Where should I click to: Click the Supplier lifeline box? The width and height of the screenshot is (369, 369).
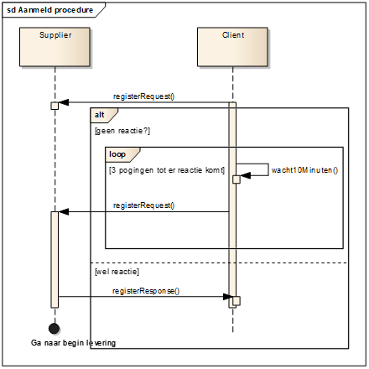(x=55, y=47)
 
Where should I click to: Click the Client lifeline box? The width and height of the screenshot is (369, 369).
(x=232, y=47)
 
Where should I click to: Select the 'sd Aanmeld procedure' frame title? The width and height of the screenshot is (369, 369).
(x=49, y=10)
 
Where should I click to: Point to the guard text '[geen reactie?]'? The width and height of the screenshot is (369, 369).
(x=122, y=131)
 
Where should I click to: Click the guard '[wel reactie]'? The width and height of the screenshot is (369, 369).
(x=117, y=272)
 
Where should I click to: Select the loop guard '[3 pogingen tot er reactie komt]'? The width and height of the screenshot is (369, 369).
(x=167, y=170)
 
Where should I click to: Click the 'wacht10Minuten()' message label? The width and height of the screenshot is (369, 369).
(x=304, y=170)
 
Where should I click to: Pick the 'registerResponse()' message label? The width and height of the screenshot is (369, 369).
(x=146, y=291)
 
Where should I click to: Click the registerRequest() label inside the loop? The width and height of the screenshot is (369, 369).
(x=143, y=205)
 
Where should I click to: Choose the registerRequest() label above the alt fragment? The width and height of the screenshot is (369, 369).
(x=143, y=96)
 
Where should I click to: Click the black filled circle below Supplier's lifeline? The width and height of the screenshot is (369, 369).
(x=54, y=329)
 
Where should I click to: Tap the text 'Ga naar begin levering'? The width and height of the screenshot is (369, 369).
(x=73, y=343)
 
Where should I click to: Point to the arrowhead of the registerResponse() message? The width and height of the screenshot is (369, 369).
(x=228, y=297)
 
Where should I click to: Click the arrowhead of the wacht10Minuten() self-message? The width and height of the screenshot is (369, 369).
(x=246, y=175)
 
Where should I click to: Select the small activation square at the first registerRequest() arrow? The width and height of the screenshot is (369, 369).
(x=55, y=106)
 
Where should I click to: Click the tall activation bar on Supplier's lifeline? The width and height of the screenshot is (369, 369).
(x=55, y=260)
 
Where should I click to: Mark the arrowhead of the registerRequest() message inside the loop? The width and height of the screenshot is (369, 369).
(x=64, y=212)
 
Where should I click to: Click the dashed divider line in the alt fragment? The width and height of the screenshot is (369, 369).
(x=220, y=262)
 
